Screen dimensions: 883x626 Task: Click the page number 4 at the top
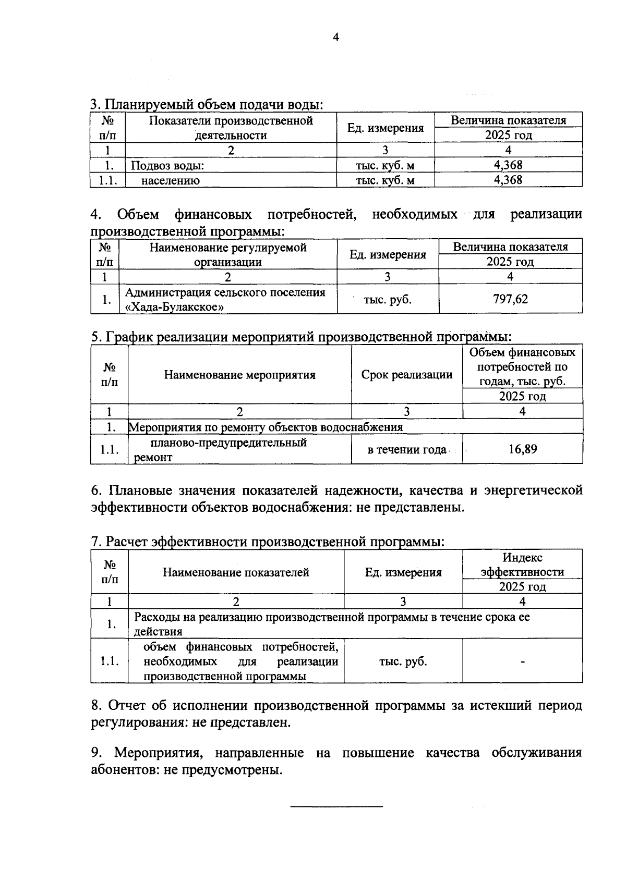pyautogui.click(x=335, y=37)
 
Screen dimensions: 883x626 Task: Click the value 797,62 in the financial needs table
pyautogui.click(x=510, y=299)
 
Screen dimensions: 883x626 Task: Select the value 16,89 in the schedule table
pyautogui.click(x=523, y=449)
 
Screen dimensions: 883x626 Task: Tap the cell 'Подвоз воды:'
pyautogui.click(x=167, y=166)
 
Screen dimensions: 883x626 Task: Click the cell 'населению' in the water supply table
pyautogui.click(x=170, y=180)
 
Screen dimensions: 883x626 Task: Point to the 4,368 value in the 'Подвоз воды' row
pyautogui.click(x=508, y=165)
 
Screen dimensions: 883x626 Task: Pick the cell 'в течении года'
pyautogui.click(x=407, y=449)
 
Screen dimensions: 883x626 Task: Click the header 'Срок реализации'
pyautogui.click(x=407, y=374)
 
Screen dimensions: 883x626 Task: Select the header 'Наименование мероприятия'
pyautogui.click(x=239, y=374)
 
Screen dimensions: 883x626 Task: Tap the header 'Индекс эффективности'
pyautogui.click(x=522, y=565)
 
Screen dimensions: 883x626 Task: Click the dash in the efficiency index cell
pyautogui.click(x=522, y=662)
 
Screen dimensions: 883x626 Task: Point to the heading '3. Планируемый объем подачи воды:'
pyautogui.click(x=207, y=104)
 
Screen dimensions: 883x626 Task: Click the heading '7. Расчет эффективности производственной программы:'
pyautogui.click(x=267, y=542)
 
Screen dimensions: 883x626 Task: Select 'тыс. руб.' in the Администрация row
pyautogui.click(x=387, y=300)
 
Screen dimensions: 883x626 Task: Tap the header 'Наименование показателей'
pyautogui.click(x=236, y=572)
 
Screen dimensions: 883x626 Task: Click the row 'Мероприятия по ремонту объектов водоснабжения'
pyautogui.click(x=266, y=427)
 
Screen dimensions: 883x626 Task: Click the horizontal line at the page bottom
pyautogui.click(x=336, y=806)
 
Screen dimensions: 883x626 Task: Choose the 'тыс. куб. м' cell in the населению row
pyautogui.click(x=385, y=180)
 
